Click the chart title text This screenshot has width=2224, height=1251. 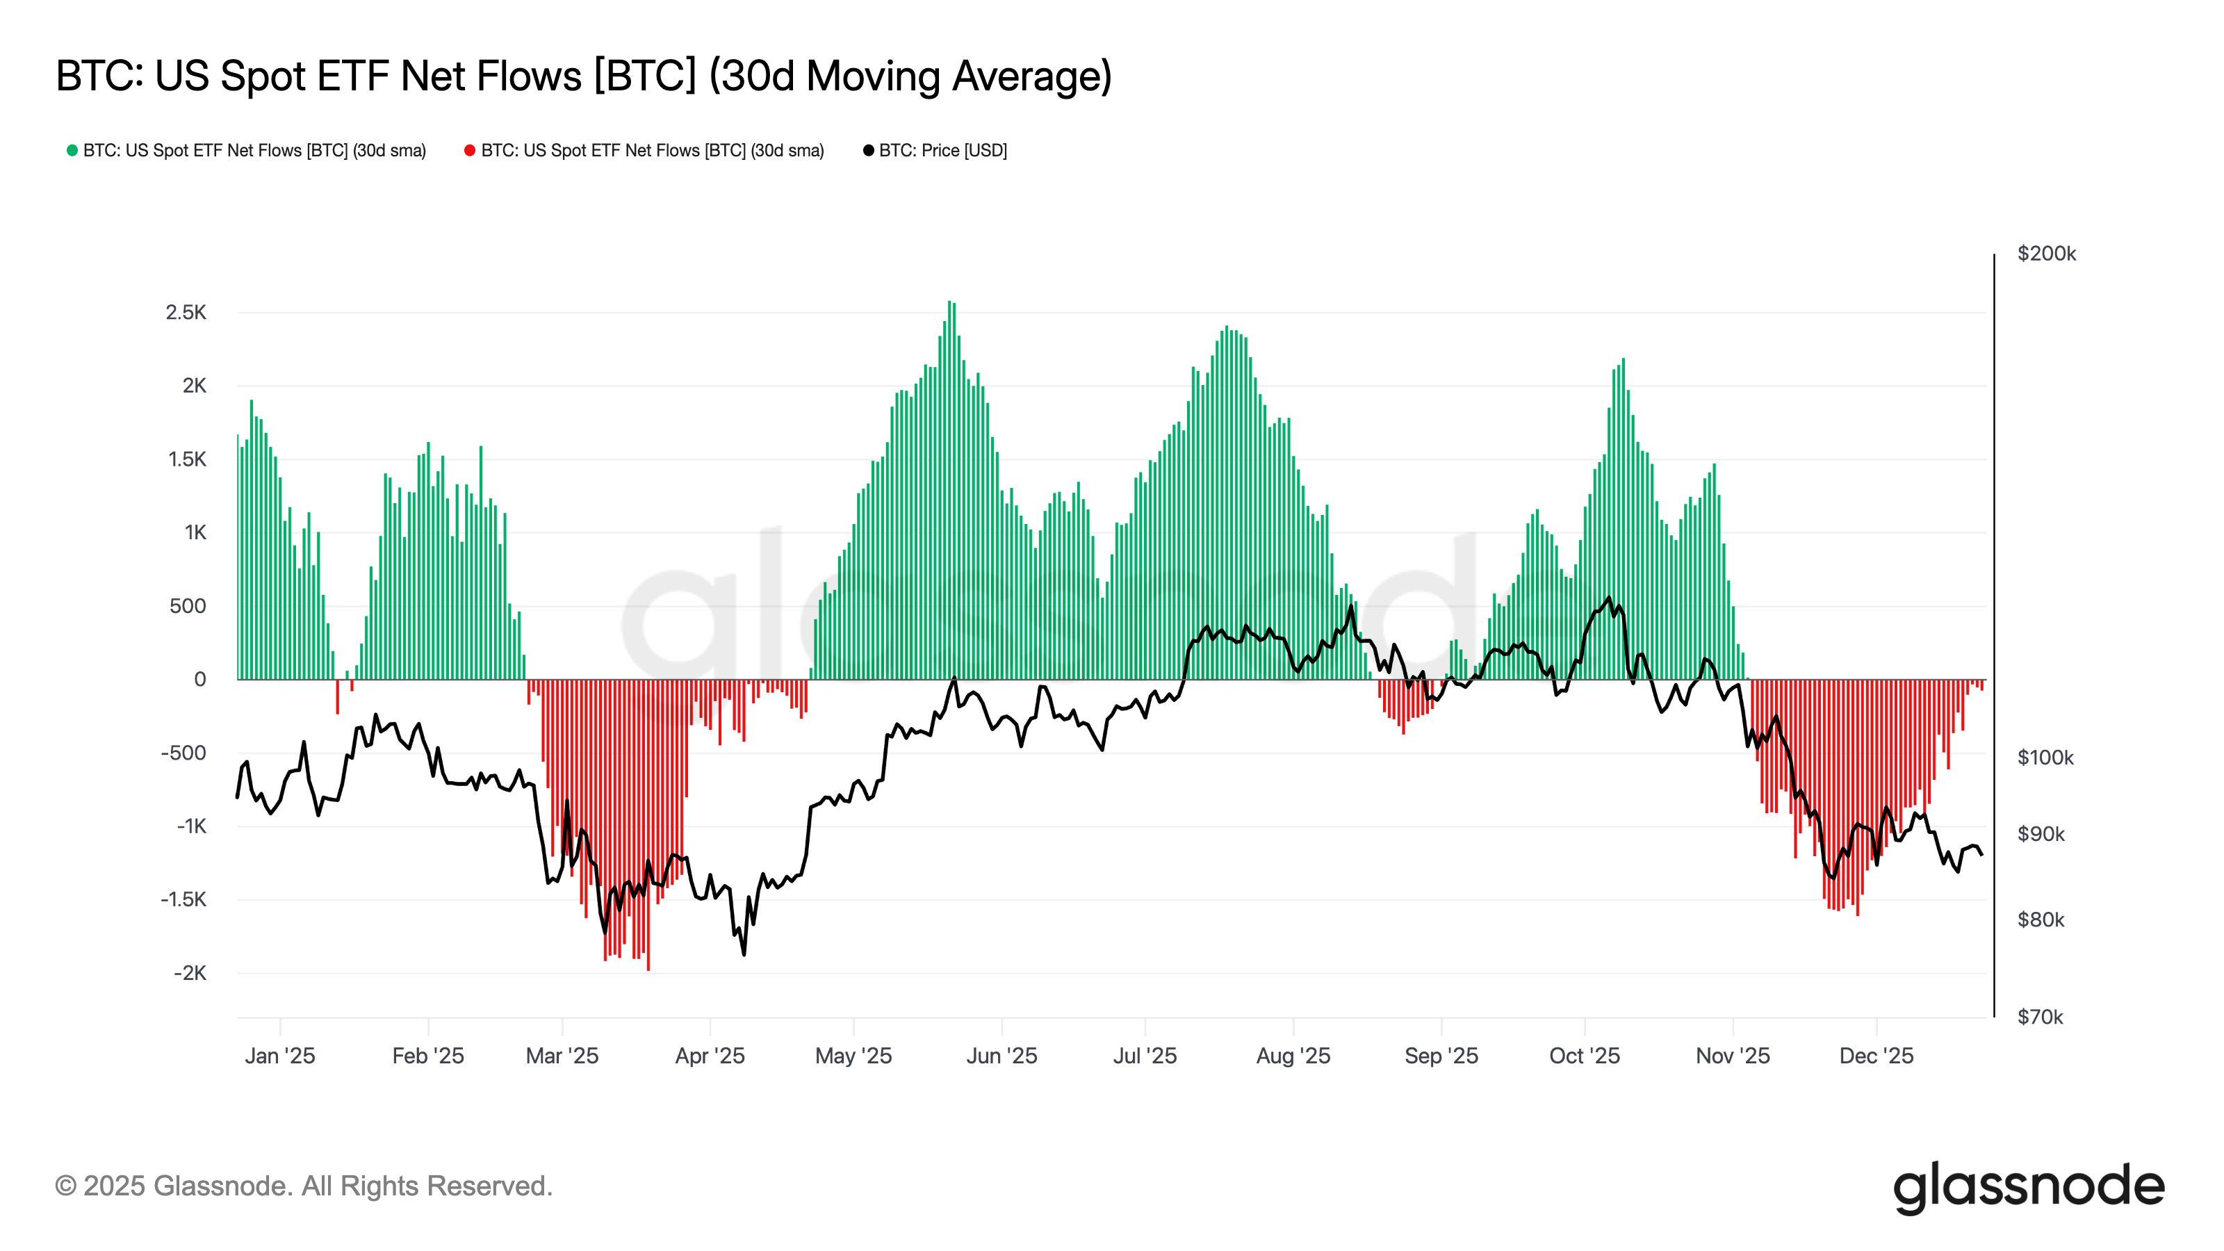click(584, 76)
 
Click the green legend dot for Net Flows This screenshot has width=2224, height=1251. click(72, 150)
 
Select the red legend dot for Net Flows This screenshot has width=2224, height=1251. click(470, 150)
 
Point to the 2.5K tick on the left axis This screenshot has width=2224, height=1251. click(186, 313)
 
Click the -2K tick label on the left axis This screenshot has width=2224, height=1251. click(189, 973)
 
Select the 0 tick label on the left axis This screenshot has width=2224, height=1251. click(199, 680)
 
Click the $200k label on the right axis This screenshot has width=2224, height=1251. click(2046, 254)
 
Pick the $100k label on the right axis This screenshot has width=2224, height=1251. click(2045, 758)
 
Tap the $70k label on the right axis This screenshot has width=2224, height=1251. click(2039, 1017)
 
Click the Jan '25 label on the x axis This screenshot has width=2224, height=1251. click(279, 1056)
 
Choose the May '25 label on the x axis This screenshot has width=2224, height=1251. click(853, 1056)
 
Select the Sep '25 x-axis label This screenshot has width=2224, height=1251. click(1441, 1056)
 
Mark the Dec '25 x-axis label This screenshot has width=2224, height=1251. click(1876, 1056)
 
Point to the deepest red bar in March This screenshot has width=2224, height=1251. click(648, 967)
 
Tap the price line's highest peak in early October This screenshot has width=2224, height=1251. click(1608, 598)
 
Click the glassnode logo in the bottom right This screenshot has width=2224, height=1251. click(2029, 1187)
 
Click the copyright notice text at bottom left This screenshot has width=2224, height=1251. click(303, 1186)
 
